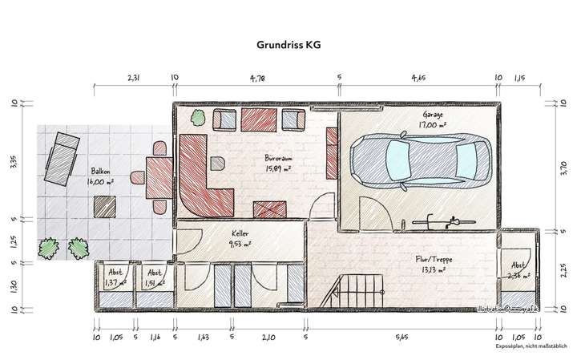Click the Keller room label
240,233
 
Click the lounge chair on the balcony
63,156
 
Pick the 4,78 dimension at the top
258,79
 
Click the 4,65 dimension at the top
419,79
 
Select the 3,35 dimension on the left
14,164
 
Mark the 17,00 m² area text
434,125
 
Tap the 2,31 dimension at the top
134,79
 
